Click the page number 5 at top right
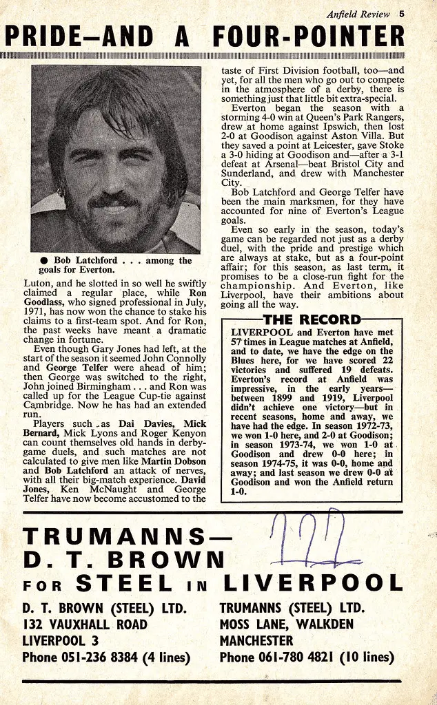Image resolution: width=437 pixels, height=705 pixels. tap(401, 14)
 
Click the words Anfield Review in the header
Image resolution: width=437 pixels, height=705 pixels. tap(358, 14)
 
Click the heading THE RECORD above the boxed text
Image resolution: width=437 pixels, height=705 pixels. tap(312, 319)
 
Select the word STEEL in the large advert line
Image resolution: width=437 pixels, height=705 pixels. tap(124, 583)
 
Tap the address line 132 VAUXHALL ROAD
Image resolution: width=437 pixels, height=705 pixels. tap(84, 624)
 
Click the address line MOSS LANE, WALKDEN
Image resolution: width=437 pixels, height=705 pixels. tap(286, 624)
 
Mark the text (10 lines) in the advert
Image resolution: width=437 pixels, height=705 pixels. tap(369, 657)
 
